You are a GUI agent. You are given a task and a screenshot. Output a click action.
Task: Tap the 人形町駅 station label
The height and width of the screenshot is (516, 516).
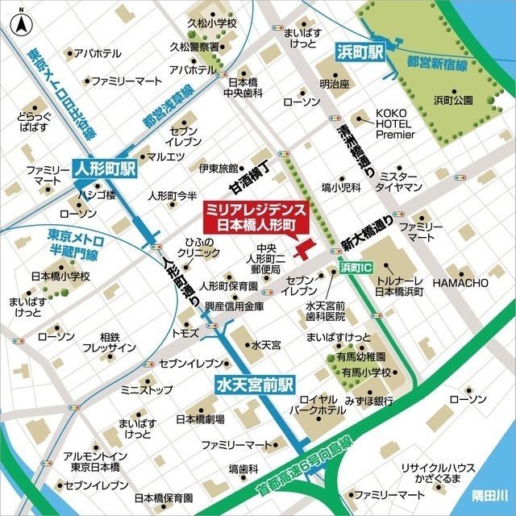coord(106,171)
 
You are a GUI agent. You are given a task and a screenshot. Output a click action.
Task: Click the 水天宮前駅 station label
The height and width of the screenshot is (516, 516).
coord(256,385)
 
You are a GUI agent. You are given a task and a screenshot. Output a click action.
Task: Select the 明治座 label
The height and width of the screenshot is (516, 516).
coord(332,83)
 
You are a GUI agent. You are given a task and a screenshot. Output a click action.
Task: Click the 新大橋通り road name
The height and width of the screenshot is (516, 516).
coord(367,230)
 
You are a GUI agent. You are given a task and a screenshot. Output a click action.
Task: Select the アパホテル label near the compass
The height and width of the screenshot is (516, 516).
coord(98,53)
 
